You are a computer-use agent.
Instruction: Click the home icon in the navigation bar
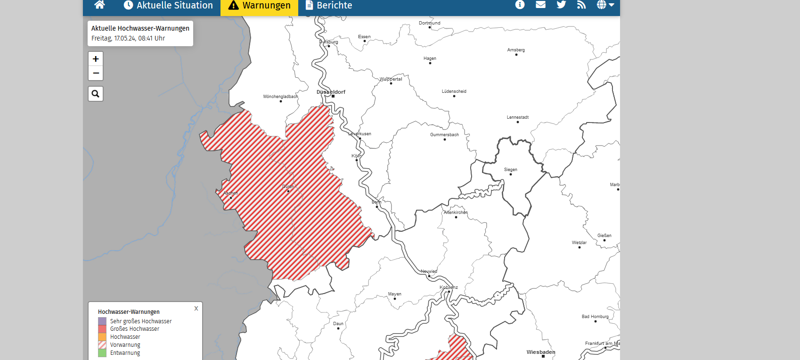click(x=99, y=5)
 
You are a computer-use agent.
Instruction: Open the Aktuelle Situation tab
click(x=168, y=6)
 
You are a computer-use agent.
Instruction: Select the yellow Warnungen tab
click(x=259, y=6)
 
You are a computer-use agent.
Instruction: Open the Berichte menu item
click(x=329, y=6)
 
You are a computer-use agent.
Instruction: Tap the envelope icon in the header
click(x=540, y=5)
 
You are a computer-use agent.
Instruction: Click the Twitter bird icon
click(x=561, y=5)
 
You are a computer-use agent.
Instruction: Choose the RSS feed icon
click(x=581, y=5)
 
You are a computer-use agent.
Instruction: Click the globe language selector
click(x=605, y=5)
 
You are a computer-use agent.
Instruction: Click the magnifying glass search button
click(x=96, y=94)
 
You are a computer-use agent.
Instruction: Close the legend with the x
click(x=196, y=309)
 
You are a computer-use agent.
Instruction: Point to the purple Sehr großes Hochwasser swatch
click(x=102, y=321)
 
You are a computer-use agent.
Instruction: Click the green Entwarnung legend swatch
click(x=102, y=353)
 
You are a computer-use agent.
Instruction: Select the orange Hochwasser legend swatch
click(x=102, y=337)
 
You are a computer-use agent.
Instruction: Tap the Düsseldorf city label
click(x=331, y=92)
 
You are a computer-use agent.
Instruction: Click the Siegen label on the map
click(x=510, y=170)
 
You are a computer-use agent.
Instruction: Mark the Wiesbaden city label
click(x=541, y=352)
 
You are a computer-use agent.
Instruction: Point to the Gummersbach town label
click(x=444, y=135)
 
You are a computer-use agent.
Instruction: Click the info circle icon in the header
click(x=520, y=5)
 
